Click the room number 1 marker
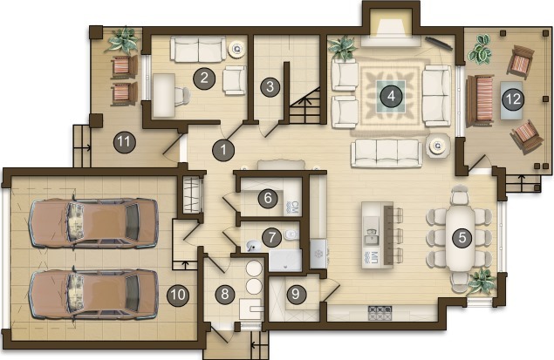click(223, 150)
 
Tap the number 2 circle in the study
click(204, 78)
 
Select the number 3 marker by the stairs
click(270, 86)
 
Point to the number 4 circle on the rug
click(391, 96)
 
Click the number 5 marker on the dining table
click(462, 237)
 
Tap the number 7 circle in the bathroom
click(271, 237)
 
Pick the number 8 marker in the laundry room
click(225, 294)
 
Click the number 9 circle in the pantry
click(296, 294)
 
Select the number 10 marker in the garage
click(178, 295)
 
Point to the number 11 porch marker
click(124, 142)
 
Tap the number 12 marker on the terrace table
click(513, 98)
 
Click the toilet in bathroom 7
click(291, 234)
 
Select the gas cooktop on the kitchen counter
click(380, 313)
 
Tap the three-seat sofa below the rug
click(387, 153)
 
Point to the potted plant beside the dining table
click(482, 280)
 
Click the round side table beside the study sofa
click(237, 49)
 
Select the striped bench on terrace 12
click(480, 100)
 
